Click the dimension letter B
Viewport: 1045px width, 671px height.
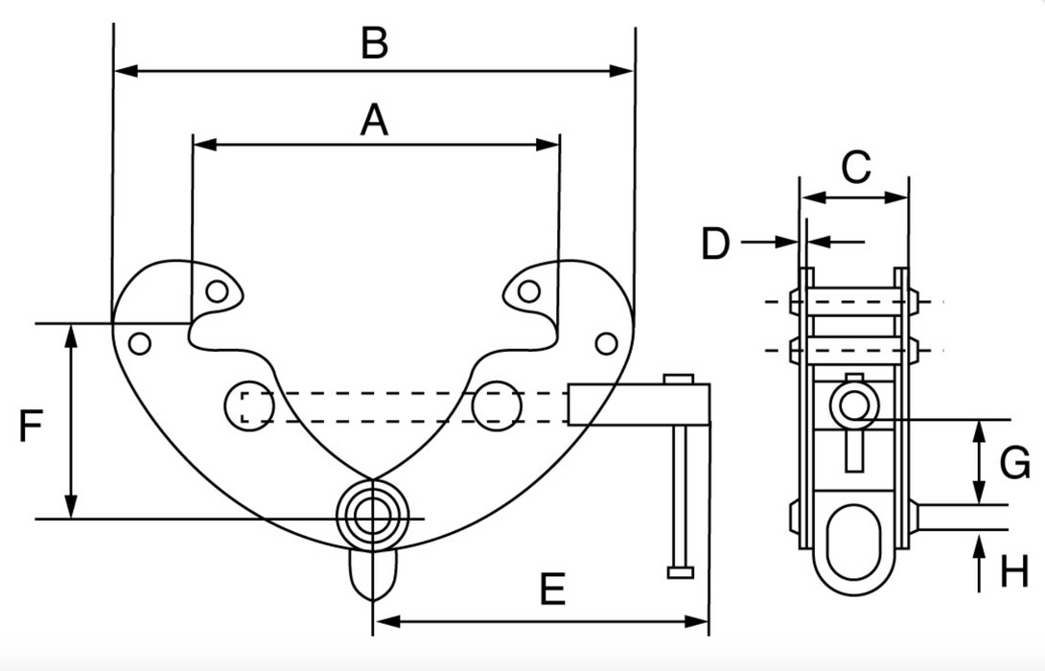coord(374,44)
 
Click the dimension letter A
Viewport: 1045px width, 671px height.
coord(374,121)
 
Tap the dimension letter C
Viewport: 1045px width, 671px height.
coord(856,168)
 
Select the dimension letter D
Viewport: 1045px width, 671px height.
coord(716,243)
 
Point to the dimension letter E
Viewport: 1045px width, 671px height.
coord(551,589)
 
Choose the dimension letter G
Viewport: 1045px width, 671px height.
coord(1014,464)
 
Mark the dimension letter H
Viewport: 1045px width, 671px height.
coord(1014,572)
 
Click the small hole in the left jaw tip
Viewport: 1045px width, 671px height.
coord(218,290)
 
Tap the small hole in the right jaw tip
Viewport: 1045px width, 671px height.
coord(528,290)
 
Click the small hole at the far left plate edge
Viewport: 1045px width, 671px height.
coord(140,342)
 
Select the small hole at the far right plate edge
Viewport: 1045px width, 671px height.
coord(605,342)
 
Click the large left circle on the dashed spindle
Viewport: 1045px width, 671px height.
coord(249,405)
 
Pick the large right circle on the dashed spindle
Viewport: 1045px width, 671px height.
coord(498,405)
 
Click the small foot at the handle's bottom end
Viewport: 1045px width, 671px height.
coord(680,572)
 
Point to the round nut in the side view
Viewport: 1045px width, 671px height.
coord(852,405)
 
